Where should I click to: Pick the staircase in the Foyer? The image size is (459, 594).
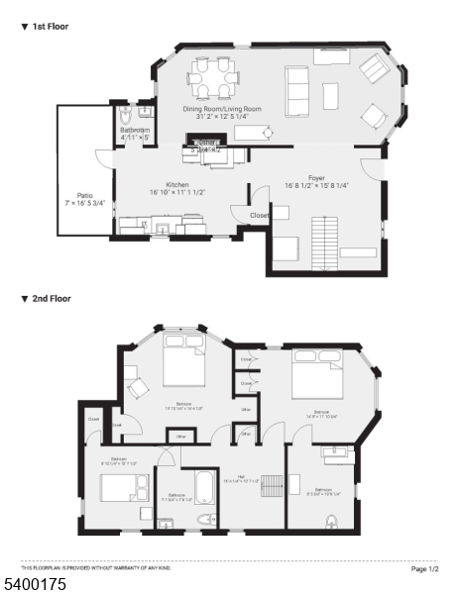324,239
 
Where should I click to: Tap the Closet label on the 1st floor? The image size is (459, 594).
261,215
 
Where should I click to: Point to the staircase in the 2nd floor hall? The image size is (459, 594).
272,484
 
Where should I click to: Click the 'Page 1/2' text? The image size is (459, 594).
424,569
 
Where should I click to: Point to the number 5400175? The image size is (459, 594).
35,585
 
